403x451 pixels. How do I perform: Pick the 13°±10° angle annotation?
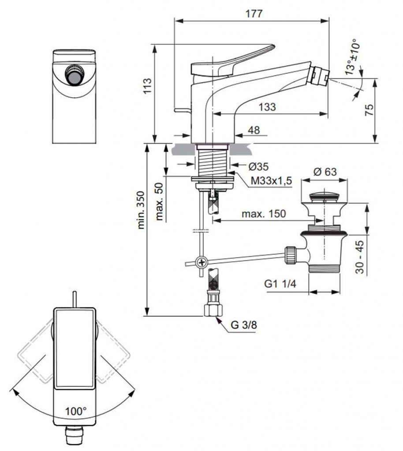(351, 58)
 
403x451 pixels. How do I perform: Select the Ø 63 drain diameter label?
(325, 172)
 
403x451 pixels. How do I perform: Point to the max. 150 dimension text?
(264, 214)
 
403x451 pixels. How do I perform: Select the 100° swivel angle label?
(76, 411)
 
